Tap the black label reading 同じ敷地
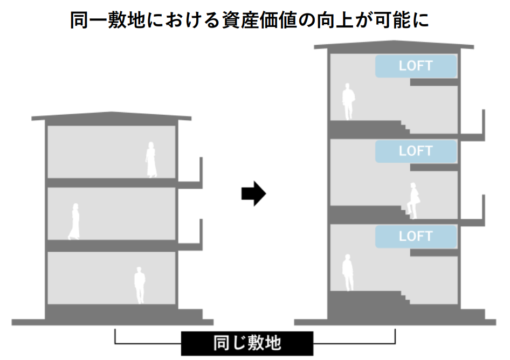(x=247, y=343)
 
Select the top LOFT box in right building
(x=416, y=66)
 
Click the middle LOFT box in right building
(x=416, y=151)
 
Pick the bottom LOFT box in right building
(x=416, y=236)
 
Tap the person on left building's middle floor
(x=74, y=221)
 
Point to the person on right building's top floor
(x=348, y=101)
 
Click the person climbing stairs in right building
(x=413, y=200)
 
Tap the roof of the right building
(x=396, y=46)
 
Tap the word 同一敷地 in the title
(x=106, y=20)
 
